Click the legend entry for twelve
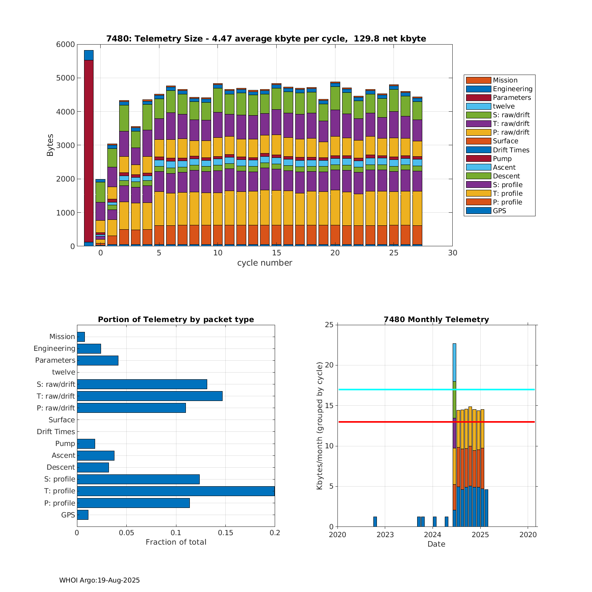504,106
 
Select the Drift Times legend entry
511,150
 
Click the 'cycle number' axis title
264,263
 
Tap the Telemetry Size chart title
266,39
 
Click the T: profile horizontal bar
176,491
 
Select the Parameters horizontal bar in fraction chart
97,360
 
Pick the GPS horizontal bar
82,515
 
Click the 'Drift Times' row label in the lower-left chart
56,432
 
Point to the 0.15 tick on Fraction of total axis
225,533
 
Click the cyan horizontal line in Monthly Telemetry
395,390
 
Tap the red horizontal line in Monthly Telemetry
395,422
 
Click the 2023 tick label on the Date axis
385,535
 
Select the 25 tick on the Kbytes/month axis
329,325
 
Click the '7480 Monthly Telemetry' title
436,320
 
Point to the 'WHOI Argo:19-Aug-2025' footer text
99,580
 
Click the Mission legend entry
505,80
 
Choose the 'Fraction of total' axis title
176,542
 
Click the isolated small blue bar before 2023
375,521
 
